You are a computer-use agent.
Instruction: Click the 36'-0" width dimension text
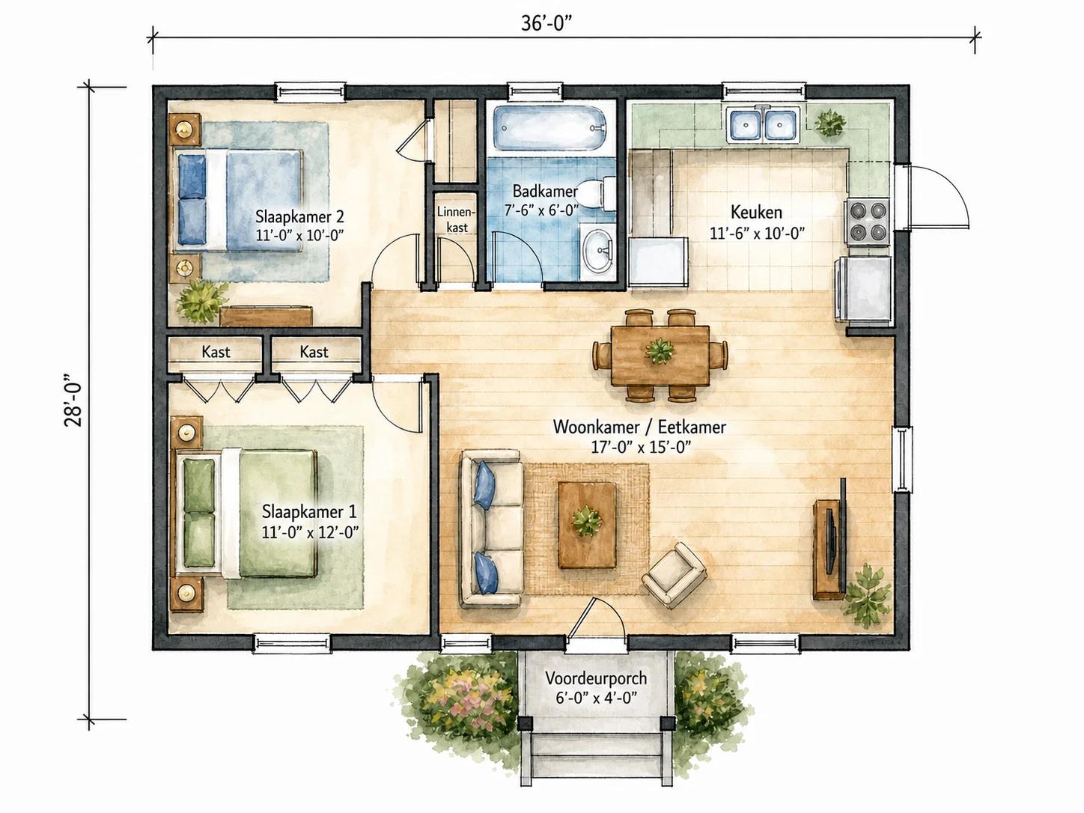(x=549, y=22)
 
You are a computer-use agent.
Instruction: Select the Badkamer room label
(x=545, y=191)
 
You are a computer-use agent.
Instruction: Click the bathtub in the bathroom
(x=550, y=128)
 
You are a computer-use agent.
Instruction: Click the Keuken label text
(x=756, y=213)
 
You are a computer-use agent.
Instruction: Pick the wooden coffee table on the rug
(x=587, y=525)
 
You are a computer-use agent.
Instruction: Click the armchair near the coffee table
(x=674, y=575)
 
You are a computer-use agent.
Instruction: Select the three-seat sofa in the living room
(x=491, y=529)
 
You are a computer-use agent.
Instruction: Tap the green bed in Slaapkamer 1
(x=245, y=513)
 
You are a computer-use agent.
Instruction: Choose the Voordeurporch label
(x=596, y=677)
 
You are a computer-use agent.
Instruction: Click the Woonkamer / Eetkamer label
(x=639, y=427)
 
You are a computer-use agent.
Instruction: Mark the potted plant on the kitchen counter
(x=830, y=123)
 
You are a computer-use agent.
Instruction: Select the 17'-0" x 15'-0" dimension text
(x=641, y=447)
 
